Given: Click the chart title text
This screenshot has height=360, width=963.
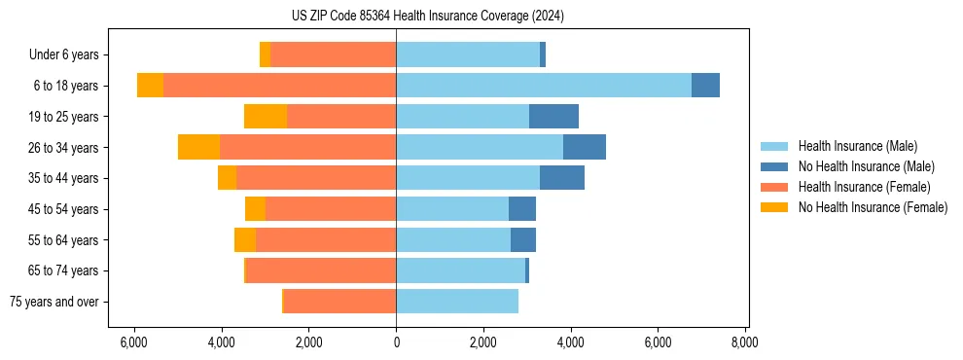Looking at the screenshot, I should click(x=427, y=17).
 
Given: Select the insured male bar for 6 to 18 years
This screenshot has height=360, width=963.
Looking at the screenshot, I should click(x=544, y=86).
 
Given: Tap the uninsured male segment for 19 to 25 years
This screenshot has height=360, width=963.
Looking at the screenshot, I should click(x=553, y=117).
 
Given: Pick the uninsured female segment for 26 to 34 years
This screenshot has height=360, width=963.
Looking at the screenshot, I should click(x=198, y=147).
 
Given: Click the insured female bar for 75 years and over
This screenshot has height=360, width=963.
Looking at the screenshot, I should click(x=339, y=302).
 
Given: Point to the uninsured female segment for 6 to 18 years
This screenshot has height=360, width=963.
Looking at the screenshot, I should click(x=150, y=86).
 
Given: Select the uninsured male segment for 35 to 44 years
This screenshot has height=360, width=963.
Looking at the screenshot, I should click(x=562, y=178).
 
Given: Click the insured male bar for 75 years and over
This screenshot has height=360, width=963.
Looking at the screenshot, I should click(x=457, y=302).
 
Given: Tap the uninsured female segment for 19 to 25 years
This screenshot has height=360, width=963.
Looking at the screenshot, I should click(x=266, y=117).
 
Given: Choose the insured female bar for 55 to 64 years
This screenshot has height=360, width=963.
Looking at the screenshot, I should click(x=326, y=239).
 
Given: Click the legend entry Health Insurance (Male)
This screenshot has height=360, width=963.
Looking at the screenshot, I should click(x=857, y=146).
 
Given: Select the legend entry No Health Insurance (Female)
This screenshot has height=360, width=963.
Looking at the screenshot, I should click(x=873, y=207).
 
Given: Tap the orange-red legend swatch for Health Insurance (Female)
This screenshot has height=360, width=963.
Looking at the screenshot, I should click(x=774, y=187).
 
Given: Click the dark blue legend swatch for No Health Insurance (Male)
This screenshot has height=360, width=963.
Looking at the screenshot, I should click(x=774, y=166).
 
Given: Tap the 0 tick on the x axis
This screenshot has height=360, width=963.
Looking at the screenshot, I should click(x=396, y=342).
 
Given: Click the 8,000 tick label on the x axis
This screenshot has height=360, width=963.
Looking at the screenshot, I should click(x=745, y=342).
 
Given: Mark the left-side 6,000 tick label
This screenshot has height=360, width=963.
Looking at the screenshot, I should click(x=133, y=342).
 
